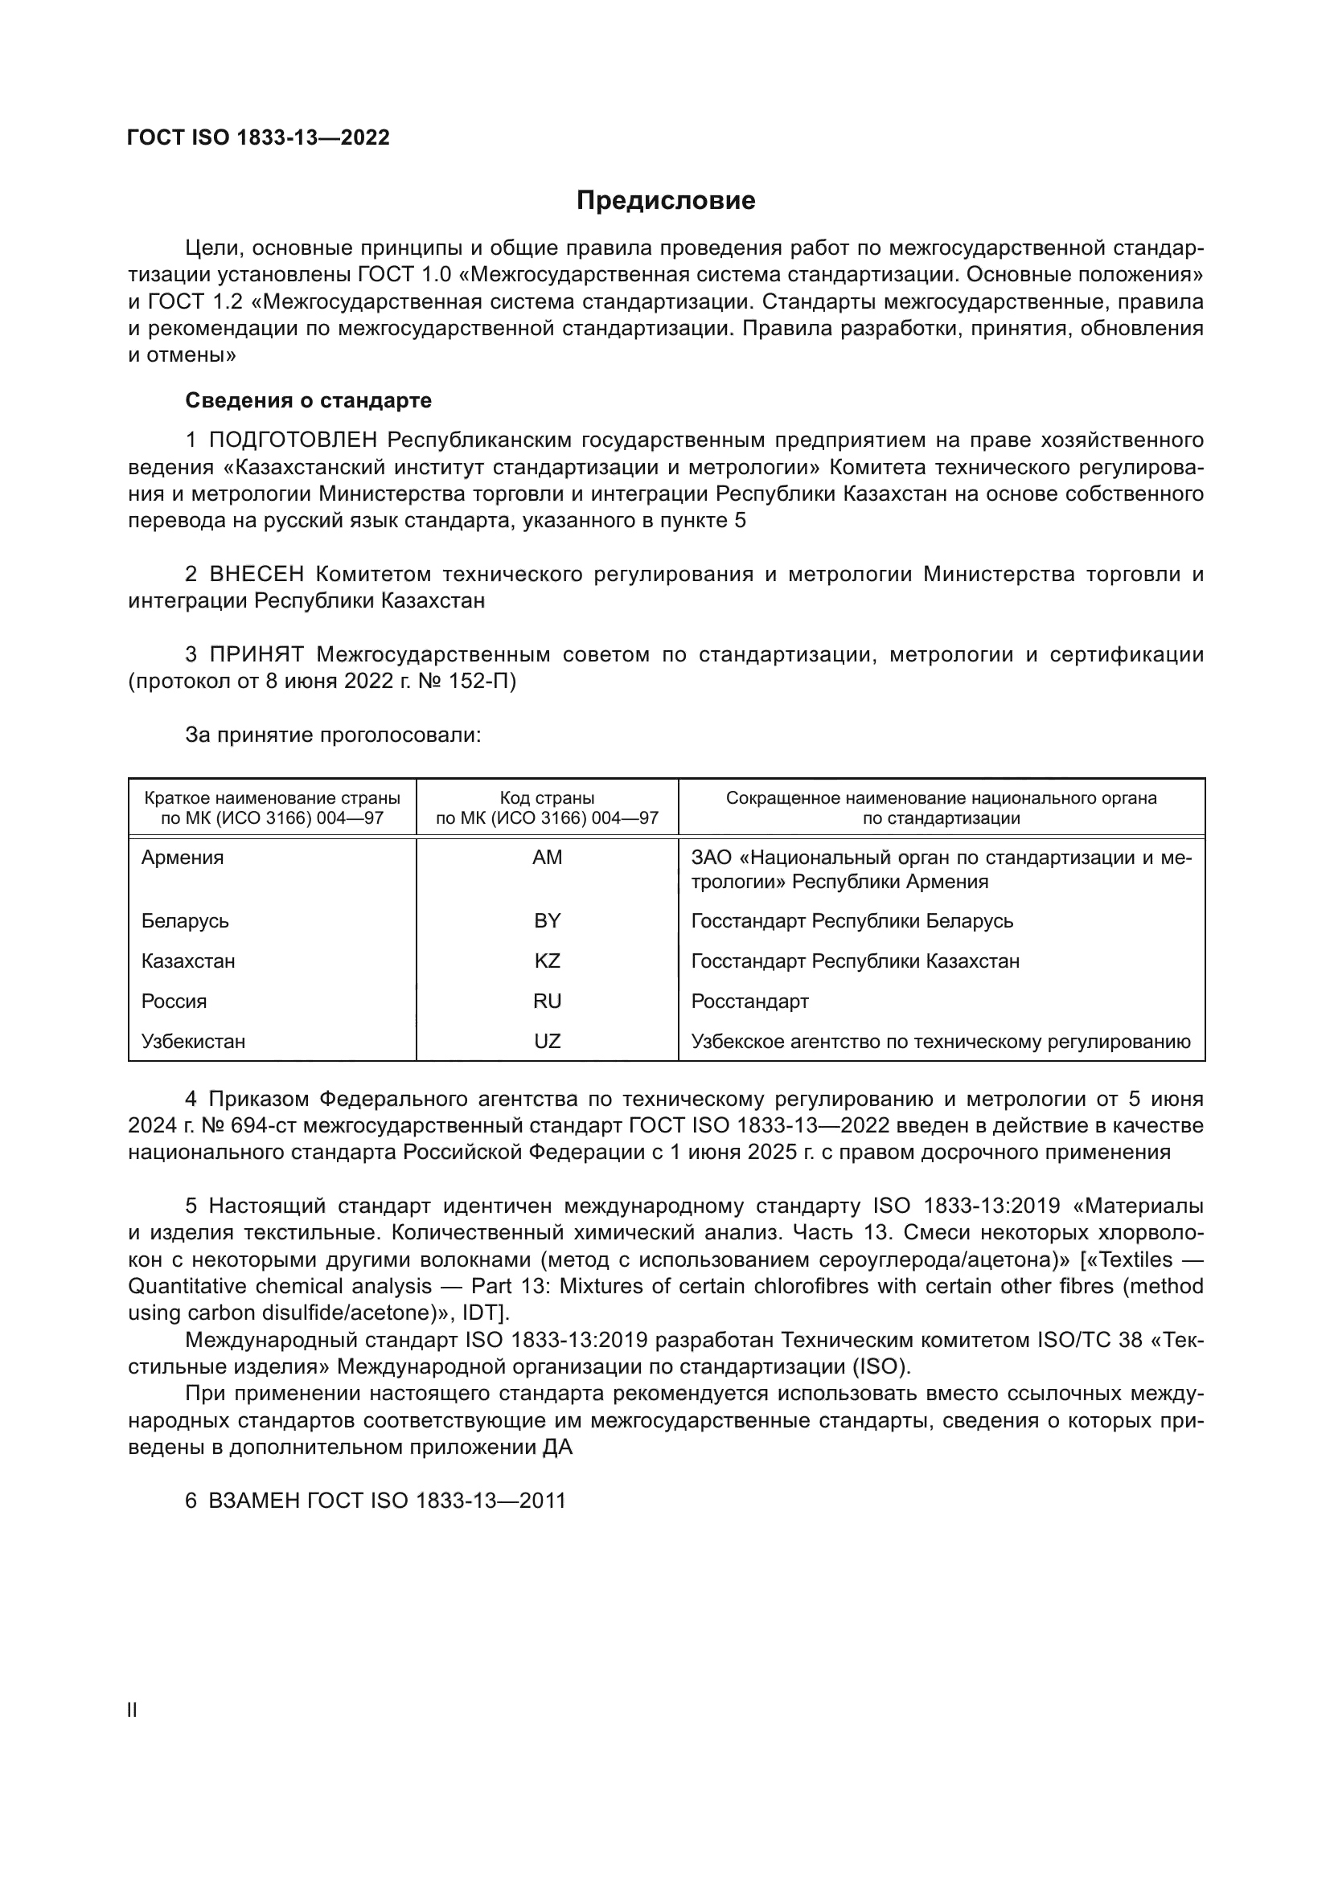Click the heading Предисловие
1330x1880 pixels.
pos(665,201)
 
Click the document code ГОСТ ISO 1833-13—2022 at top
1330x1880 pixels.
pos(258,137)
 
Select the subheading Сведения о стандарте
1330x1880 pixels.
pos(308,400)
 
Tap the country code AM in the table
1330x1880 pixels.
pos(547,858)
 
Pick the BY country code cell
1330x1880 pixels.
pos(547,920)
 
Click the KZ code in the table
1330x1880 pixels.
pos(547,960)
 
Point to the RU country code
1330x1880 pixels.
pos(547,1001)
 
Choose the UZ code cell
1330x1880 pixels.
pos(547,1041)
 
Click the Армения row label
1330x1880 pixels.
pos(182,858)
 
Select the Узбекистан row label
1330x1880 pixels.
pos(193,1041)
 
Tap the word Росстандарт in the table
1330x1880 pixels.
pos(749,1001)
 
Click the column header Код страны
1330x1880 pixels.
pos(547,797)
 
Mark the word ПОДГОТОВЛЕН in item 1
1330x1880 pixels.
pos(294,440)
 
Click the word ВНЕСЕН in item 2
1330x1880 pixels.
pos(257,574)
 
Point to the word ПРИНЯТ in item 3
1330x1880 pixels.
pos(257,654)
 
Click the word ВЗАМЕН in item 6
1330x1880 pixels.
pos(254,1501)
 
